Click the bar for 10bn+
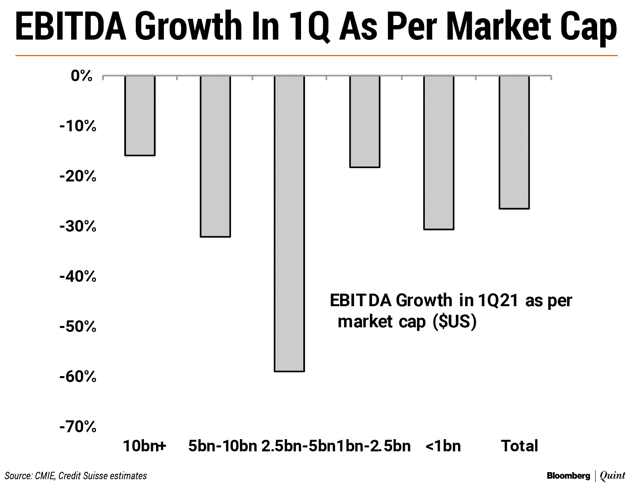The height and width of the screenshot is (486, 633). [x=140, y=115]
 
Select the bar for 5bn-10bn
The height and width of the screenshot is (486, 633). [x=215, y=156]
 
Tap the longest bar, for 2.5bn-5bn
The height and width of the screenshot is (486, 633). [x=289, y=224]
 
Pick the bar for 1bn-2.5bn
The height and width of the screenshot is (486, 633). [x=365, y=122]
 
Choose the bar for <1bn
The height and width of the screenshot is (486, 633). [x=439, y=152]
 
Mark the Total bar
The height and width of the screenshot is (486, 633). [x=514, y=142]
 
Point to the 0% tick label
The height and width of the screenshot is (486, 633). [x=81, y=76]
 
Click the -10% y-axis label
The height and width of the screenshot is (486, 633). [x=78, y=126]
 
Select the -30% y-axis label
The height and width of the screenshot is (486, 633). [x=78, y=227]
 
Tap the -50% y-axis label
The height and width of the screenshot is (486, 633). [x=78, y=327]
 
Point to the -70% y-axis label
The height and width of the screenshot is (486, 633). [x=78, y=427]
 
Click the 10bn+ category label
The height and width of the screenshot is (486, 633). [x=144, y=446]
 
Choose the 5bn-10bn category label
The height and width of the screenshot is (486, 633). [x=223, y=446]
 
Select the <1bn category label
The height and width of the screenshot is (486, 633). [x=443, y=446]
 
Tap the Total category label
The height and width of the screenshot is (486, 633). [x=519, y=446]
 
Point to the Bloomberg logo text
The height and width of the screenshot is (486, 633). [x=568, y=476]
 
